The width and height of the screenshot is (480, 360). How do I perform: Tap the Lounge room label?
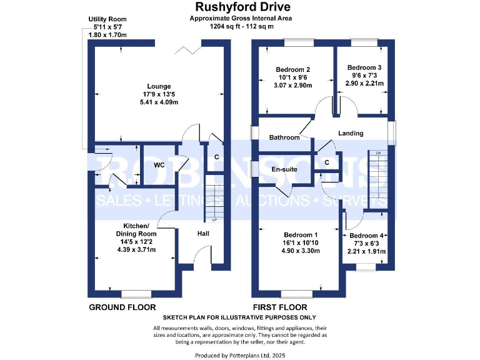click(x=159, y=86)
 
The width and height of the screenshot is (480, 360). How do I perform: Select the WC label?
click(x=159, y=166)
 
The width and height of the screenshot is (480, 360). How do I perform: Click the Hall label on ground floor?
click(x=203, y=232)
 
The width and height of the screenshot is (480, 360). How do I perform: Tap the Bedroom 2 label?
click(x=293, y=69)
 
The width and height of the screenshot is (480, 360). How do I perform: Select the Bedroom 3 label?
click(x=364, y=67)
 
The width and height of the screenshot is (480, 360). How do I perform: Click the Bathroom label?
click(x=284, y=137)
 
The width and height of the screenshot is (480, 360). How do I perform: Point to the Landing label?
click(x=351, y=133)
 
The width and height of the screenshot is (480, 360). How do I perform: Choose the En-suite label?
click(x=283, y=169)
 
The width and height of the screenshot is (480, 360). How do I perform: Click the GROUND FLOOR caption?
click(x=122, y=307)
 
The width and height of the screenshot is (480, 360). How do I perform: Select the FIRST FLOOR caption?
click(x=279, y=307)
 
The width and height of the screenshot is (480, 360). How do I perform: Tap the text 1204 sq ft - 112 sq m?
click(x=242, y=26)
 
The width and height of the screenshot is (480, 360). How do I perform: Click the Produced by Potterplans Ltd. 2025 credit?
click(x=241, y=355)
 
